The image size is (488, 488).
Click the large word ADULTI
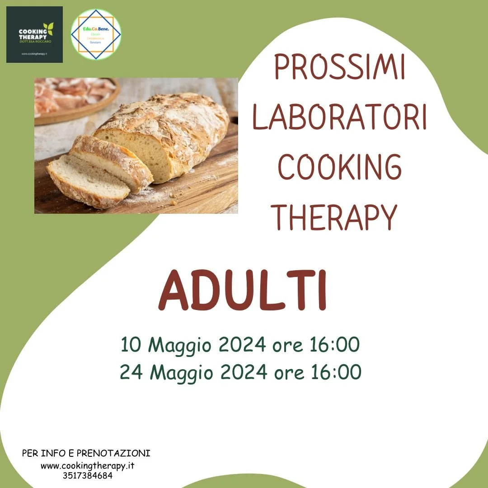tap(243, 291)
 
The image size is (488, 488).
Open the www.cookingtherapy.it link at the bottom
tap(89, 465)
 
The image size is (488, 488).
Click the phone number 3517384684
tap(88, 475)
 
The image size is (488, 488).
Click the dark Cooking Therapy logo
tap(34, 34)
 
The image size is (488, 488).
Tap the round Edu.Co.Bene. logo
tap(96, 34)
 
